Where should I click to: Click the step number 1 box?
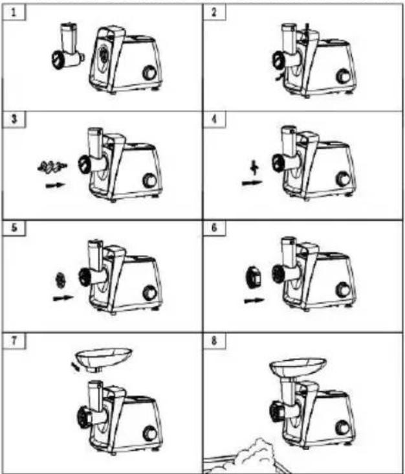coord(14,13)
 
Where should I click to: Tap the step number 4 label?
coord(214,119)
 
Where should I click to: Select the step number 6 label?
coord(214,228)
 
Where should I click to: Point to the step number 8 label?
coord(214,341)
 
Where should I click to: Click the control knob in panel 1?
coord(149,73)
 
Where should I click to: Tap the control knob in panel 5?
coord(149,293)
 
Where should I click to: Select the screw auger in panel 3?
coord(52,167)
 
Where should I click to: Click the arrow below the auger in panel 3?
coord(55,185)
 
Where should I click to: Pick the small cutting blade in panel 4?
coord(255,168)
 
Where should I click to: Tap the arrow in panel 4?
coord(252,183)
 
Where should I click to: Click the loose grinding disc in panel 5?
coord(60,280)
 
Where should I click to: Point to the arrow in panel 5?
coord(63,299)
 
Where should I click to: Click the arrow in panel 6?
coord(254,301)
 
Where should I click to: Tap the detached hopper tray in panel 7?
coord(104,358)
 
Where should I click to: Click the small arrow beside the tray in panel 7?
coord(75,367)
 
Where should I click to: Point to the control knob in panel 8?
coord(342,428)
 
